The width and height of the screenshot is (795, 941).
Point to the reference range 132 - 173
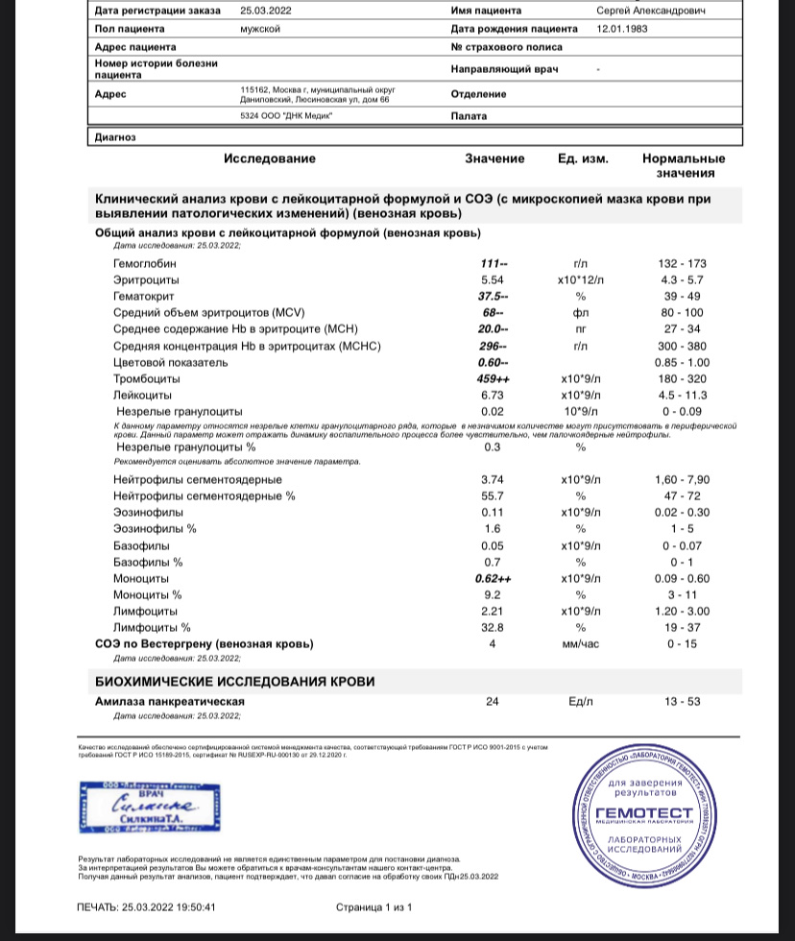pos(685,262)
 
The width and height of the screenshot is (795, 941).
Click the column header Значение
pos(494,158)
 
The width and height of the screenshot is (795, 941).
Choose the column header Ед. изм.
pos(583,158)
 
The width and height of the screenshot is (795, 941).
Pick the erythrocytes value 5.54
pos(493,278)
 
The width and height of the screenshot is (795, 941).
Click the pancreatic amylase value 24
pos(493,702)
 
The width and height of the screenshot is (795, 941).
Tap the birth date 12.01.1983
pos(625,29)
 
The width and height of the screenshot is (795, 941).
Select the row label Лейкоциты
pos(142,395)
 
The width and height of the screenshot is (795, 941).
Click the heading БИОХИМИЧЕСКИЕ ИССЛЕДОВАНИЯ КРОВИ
pos(234,681)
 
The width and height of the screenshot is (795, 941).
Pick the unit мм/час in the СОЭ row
pos(579,644)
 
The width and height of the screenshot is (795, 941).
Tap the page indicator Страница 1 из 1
pos(373,906)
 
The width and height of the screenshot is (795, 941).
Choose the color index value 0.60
pos(494,362)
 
